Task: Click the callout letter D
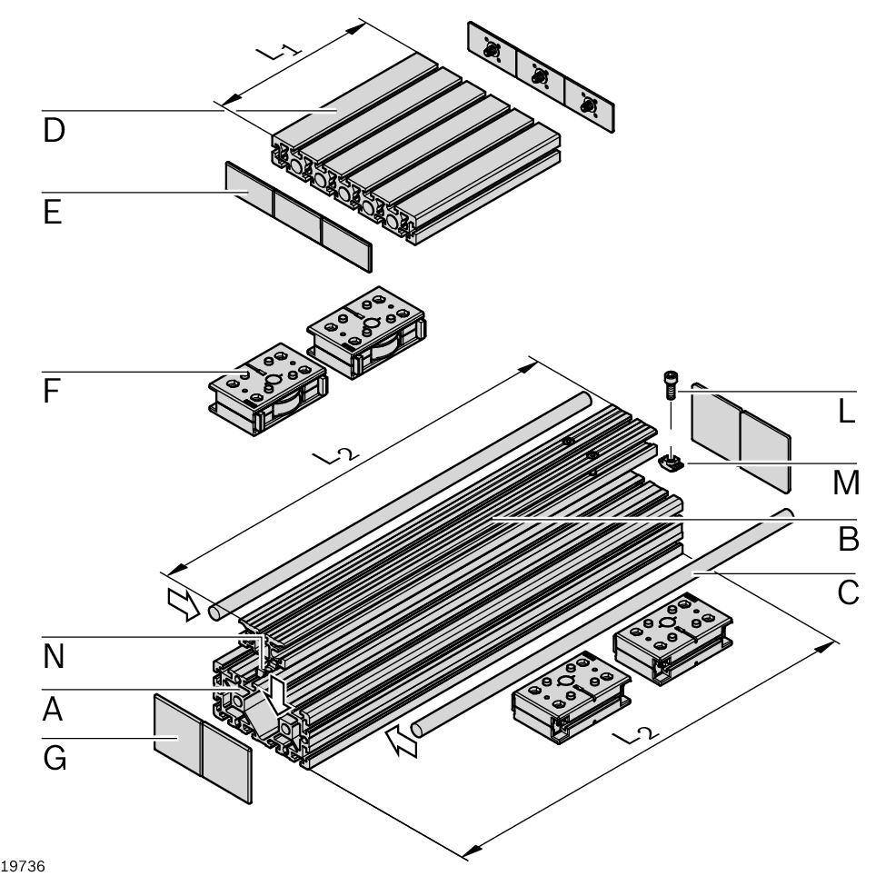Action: tap(54, 131)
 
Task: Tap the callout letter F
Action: tap(52, 391)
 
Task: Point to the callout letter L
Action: tap(847, 412)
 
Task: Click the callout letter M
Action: tap(846, 483)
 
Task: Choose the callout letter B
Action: tap(848, 539)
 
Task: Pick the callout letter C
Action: tap(848, 592)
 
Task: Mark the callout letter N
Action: tap(55, 657)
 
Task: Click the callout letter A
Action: tap(54, 710)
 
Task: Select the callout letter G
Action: tap(55, 759)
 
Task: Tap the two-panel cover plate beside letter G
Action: tap(202, 747)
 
